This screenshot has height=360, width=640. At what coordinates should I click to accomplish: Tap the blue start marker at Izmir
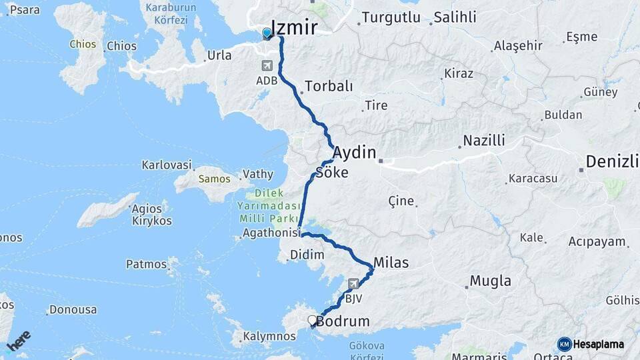tap(267, 33)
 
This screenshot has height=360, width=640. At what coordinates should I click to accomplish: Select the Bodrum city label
tap(343, 321)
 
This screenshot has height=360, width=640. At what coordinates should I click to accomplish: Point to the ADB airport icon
tap(267, 65)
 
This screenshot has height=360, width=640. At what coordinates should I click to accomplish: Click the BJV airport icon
tap(353, 283)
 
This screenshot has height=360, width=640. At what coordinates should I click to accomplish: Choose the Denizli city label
tap(612, 162)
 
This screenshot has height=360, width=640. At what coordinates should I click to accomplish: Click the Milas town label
tap(391, 262)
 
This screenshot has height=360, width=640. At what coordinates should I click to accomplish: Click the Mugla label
tap(491, 281)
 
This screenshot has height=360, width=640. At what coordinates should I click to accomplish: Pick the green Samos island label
tap(215, 179)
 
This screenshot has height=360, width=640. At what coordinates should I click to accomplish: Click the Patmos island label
tap(146, 264)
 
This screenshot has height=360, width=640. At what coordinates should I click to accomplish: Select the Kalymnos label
tap(269, 336)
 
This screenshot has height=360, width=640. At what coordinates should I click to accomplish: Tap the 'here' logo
tap(19, 341)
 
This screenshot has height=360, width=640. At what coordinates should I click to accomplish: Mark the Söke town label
tap(331, 173)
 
